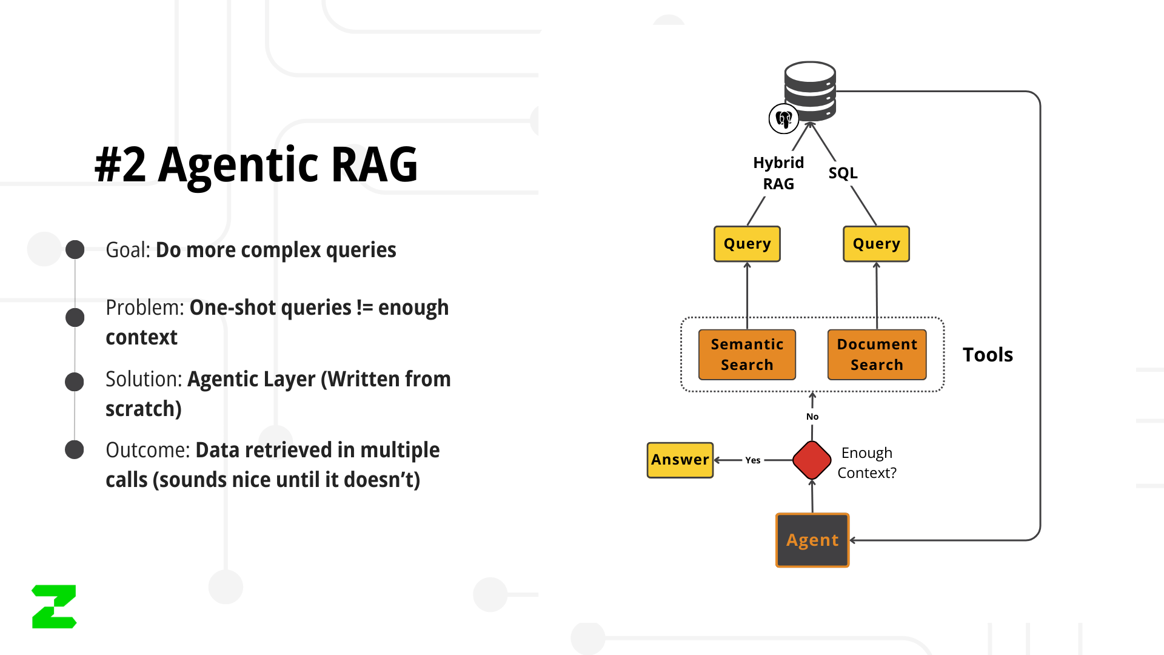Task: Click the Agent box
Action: (812, 540)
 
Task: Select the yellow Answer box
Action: (680, 460)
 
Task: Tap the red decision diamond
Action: (812, 460)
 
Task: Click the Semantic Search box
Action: (747, 355)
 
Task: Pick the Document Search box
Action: (877, 355)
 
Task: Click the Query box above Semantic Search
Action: (747, 244)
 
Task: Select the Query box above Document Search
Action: (876, 244)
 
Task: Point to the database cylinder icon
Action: (810, 92)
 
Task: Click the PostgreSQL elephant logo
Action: (784, 119)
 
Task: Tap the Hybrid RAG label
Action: (778, 173)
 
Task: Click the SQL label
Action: (843, 173)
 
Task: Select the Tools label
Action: (988, 355)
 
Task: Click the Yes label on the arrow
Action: (753, 460)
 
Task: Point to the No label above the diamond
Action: (812, 417)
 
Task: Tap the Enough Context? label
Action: (867, 463)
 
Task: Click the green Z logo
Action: (54, 606)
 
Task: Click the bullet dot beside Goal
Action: (75, 250)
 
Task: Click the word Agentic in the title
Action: (239, 165)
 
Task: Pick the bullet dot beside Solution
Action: (75, 382)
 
